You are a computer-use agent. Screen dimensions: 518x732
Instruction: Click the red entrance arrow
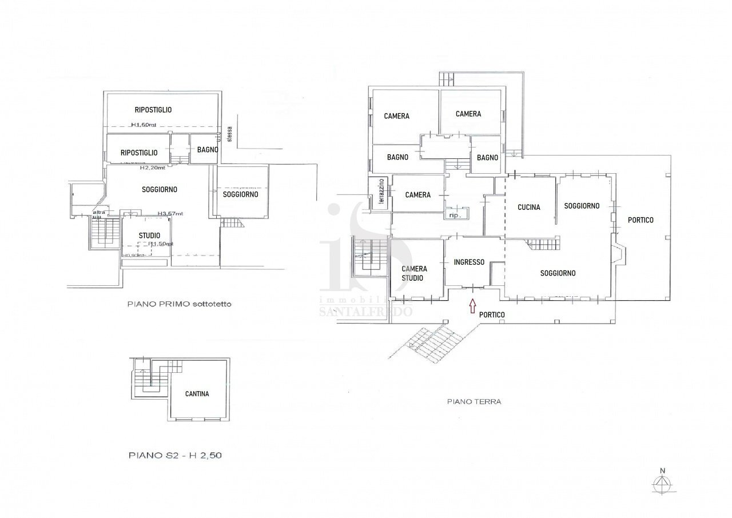pos(472,306)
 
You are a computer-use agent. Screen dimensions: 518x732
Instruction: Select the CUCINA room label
pos(528,208)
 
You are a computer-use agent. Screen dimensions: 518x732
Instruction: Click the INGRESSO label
pos(469,262)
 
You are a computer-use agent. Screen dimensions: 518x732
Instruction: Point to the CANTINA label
pos(197,394)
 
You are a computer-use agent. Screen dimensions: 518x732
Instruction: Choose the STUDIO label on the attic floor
pos(149,236)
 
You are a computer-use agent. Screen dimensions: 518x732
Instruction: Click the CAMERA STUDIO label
pos(414,273)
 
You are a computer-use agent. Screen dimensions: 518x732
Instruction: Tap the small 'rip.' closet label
pos(455,215)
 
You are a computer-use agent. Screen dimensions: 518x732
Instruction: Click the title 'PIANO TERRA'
pos(474,401)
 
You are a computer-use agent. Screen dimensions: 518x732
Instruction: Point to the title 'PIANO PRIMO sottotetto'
pos(180,305)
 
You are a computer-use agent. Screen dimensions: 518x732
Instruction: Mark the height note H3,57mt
pos(170,214)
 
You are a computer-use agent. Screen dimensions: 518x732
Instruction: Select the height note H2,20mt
pos(153,168)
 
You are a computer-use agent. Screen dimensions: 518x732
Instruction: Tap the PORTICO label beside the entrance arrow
pos(492,314)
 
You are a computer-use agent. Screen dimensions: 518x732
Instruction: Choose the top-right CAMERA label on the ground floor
pos(468,114)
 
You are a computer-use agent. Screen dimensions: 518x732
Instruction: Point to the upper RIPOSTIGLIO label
pos(153,110)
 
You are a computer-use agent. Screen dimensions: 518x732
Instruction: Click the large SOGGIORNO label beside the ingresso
pos(558,273)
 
